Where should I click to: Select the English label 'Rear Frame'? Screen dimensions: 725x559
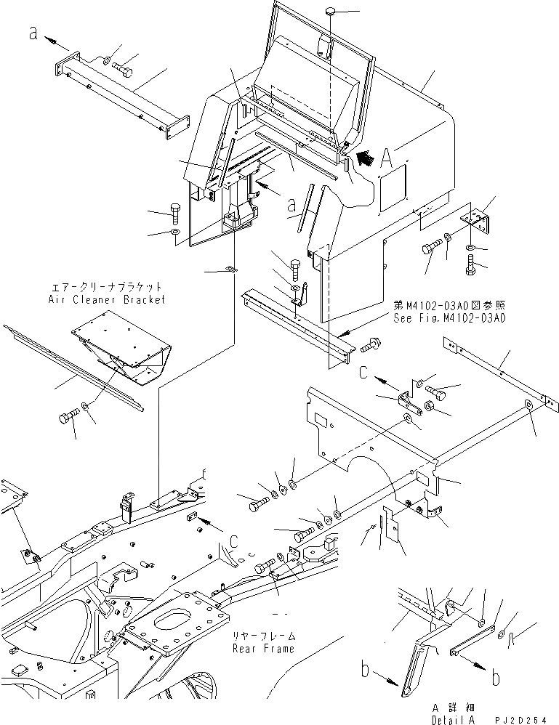pos(263,649)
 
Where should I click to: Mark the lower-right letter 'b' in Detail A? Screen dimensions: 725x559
pos(495,678)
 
